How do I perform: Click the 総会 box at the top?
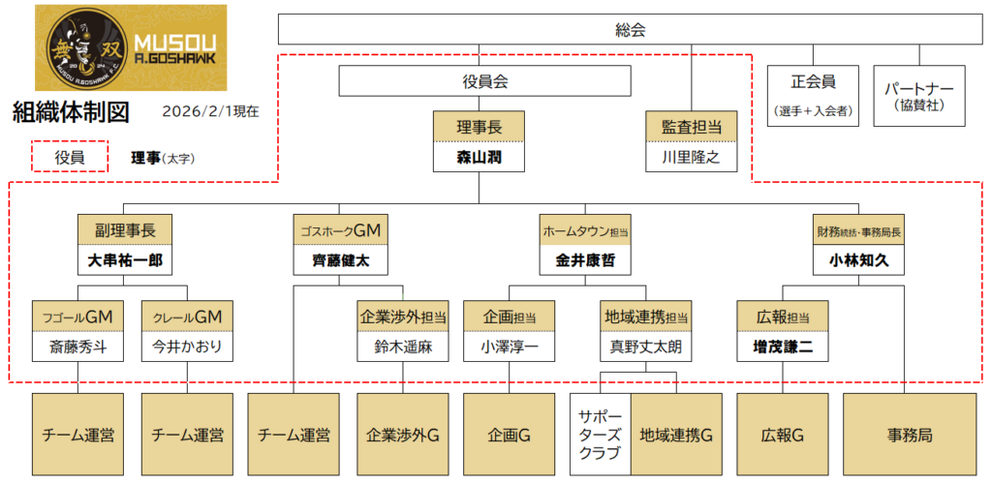pos(630,30)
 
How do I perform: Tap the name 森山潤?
pos(478,157)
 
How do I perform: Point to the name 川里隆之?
pos(692,157)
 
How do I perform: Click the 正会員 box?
pos(813,96)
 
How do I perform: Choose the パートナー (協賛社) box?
pos(919,96)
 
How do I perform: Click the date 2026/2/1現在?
pos(211,111)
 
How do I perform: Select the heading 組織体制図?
pos(71,111)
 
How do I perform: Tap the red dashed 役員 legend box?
pos(69,156)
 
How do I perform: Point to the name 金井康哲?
pos(585,261)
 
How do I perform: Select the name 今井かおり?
pos(187,346)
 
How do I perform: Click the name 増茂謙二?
pos(783,346)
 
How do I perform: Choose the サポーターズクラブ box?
pos(601,435)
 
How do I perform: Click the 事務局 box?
pos(912,435)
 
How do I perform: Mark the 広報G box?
pos(783,435)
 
